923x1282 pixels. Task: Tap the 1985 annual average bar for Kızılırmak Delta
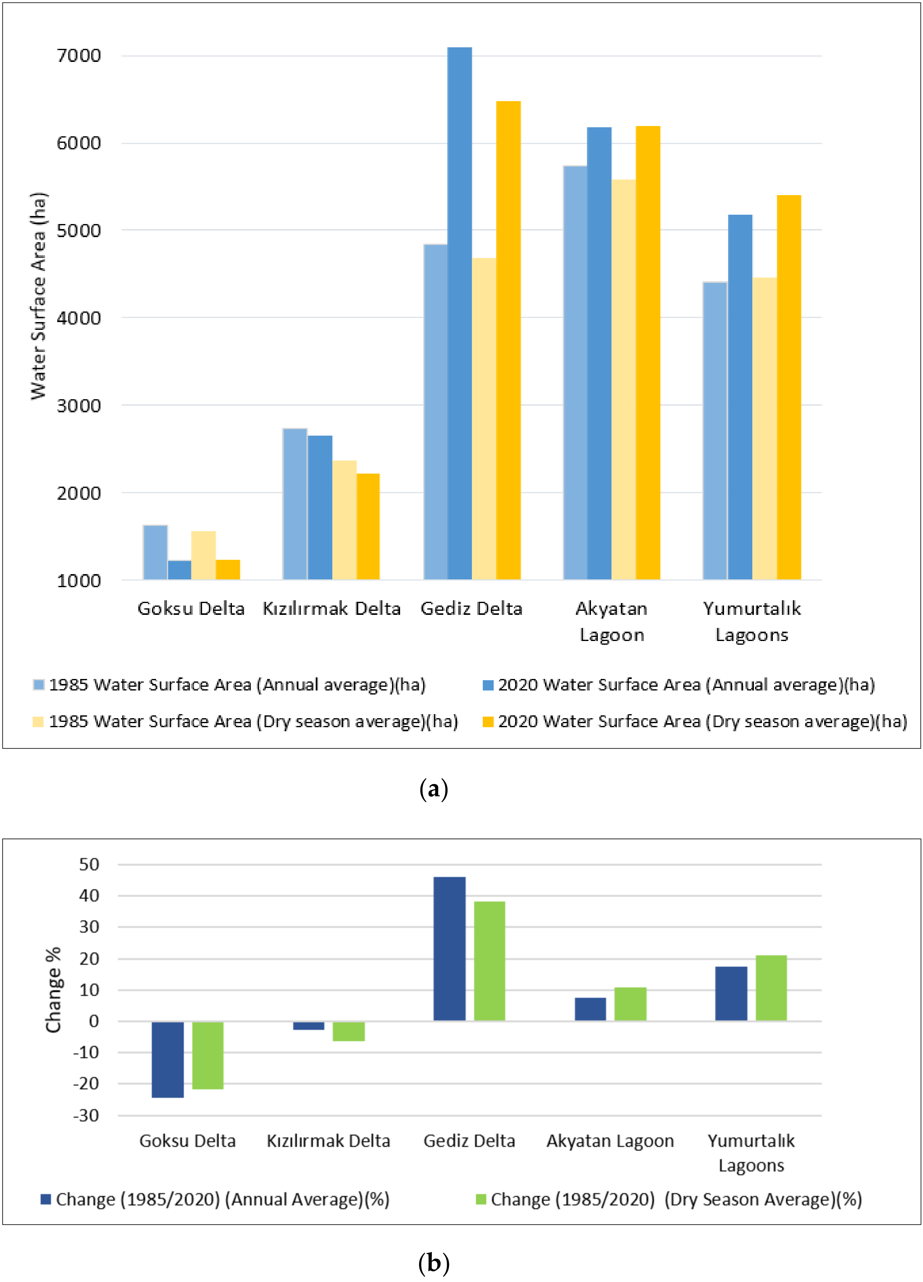[x=295, y=504]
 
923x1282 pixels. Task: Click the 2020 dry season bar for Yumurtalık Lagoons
[x=789, y=387]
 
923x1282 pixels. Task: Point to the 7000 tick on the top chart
[x=79, y=55]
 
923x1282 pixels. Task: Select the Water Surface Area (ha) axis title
[x=39, y=297]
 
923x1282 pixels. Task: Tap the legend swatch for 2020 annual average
[x=488, y=685]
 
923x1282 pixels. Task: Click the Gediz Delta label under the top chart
[x=471, y=609]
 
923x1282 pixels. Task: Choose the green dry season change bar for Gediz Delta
[x=489, y=961]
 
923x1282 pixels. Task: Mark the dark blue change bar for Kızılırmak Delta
[x=308, y=1025]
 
